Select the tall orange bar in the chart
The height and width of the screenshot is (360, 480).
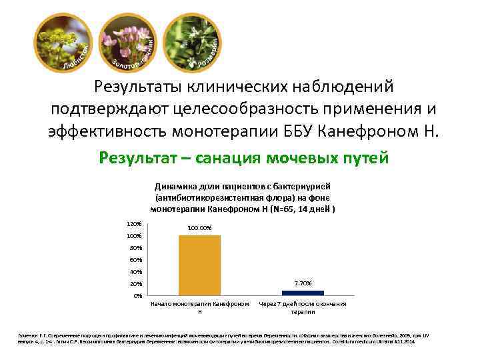(199, 265)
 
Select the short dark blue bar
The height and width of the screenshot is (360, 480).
(303, 292)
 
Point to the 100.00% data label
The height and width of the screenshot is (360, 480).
(199, 229)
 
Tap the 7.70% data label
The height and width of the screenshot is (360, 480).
(303, 283)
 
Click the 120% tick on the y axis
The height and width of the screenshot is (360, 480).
(133, 224)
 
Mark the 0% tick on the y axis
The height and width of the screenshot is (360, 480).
(137, 295)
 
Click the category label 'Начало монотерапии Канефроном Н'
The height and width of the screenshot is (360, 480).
(199, 308)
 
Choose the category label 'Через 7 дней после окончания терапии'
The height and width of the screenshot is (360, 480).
(303, 308)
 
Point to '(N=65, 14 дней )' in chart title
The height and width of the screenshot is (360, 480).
(300, 209)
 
